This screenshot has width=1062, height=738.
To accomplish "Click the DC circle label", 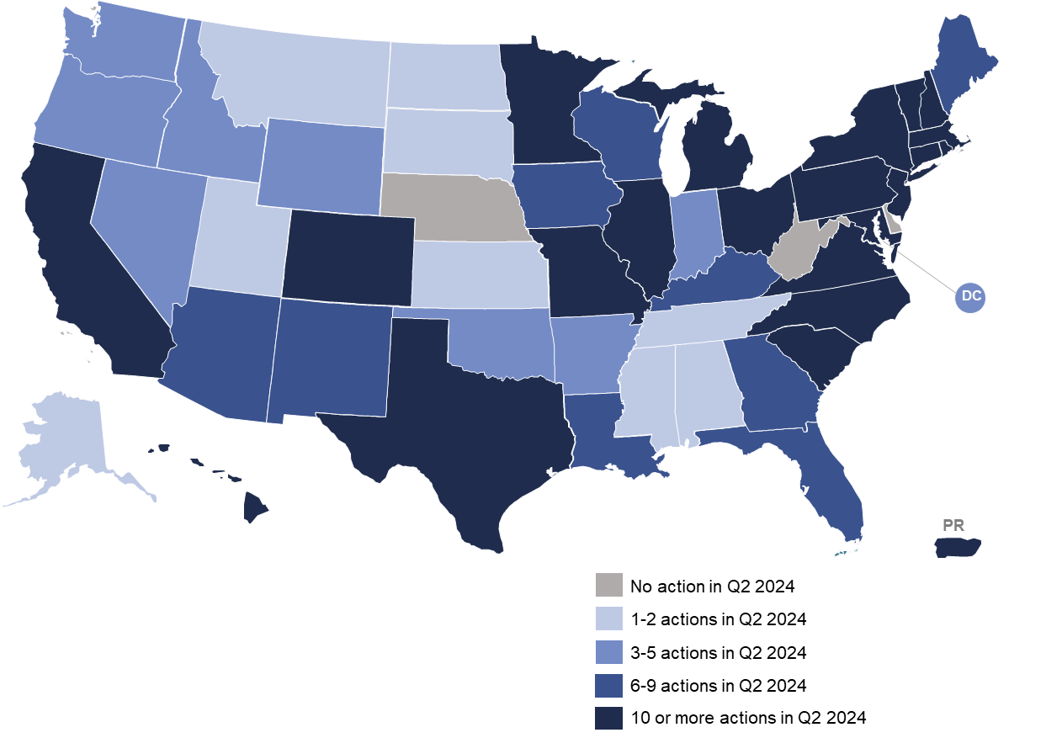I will point(971,296).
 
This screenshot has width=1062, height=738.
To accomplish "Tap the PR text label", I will point(953,526).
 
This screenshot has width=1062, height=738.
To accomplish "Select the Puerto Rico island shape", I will point(958,547).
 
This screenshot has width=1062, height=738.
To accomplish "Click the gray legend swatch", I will point(608,584).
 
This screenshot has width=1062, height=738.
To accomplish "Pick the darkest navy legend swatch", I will point(608,718).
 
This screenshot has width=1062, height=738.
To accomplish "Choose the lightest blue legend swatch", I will point(608,619).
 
